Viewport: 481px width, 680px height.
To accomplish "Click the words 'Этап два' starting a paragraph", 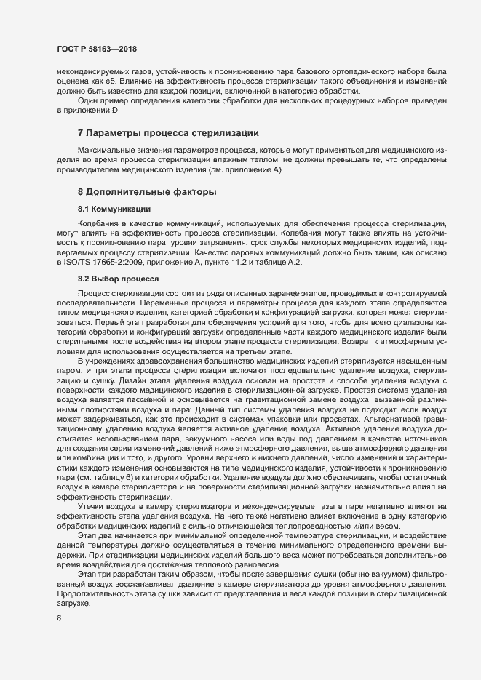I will point(94,535).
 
